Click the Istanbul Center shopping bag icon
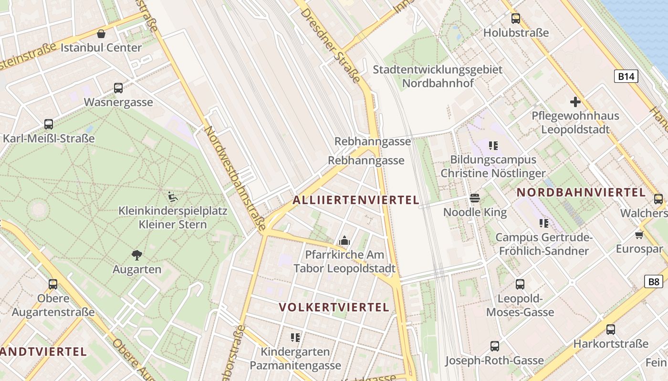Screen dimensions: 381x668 (x=101, y=34)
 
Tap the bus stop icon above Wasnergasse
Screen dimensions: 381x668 (x=118, y=88)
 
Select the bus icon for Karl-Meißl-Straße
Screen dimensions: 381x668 (x=49, y=124)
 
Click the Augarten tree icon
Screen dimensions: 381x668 (x=137, y=255)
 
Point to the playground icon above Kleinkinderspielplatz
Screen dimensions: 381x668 (x=172, y=196)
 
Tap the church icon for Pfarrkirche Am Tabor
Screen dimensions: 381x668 (x=344, y=241)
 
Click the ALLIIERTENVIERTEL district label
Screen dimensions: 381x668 (x=355, y=200)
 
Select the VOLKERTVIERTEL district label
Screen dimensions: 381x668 (x=334, y=307)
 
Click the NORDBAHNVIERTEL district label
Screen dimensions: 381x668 (x=581, y=192)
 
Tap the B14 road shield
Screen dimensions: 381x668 (x=626, y=76)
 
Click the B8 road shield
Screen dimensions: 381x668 (x=654, y=281)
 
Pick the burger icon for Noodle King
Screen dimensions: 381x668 (x=475, y=198)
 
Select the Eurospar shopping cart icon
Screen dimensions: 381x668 (x=639, y=235)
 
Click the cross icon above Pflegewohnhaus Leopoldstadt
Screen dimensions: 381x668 (x=575, y=101)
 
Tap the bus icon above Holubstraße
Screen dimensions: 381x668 (x=516, y=19)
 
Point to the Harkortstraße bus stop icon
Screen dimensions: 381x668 (x=611, y=329)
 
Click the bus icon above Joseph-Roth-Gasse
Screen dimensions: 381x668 (x=495, y=346)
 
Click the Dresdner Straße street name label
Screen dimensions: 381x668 (x=330, y=45)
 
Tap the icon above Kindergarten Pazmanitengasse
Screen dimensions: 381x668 (x=295, y=338)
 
